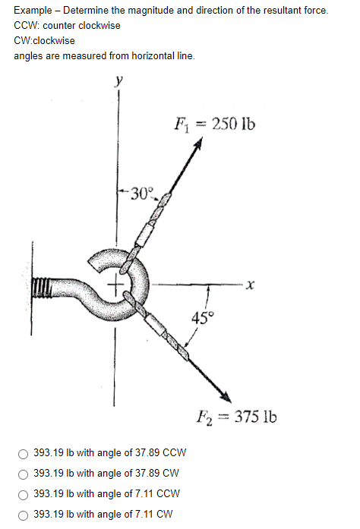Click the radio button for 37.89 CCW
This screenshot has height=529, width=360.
tap(24, 454)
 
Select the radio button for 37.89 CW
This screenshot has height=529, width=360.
tap(24, 474)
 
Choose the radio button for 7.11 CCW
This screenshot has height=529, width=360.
tap(24, 494)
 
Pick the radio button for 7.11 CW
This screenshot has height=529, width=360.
tap(24, 514)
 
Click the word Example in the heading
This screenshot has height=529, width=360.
tap(34, 11)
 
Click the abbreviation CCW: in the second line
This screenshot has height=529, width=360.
tap(27, 25)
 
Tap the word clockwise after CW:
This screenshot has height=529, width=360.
tap(55, 40)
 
